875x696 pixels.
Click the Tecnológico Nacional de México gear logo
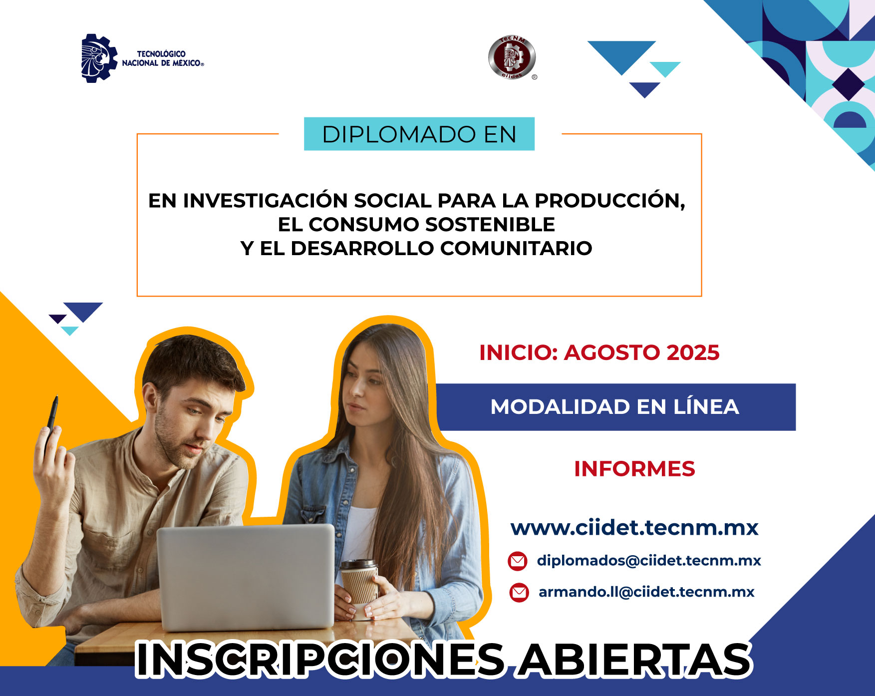coord(99,58)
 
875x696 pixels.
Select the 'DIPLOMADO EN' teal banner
coord(419,134)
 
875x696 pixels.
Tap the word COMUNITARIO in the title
coord(516,248)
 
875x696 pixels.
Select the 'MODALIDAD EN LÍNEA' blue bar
coord(615,407)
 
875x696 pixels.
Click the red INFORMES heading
coord(634,469)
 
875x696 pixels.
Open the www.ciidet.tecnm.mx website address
coord(634,528)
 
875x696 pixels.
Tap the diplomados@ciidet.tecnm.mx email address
coord(649,560)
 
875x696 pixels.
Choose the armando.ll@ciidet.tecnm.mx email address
coord(646,592)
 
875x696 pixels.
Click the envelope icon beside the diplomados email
coord(518,561)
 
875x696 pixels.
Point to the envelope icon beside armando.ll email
coord(519,593)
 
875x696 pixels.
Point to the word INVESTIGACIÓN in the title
coord(266,200)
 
